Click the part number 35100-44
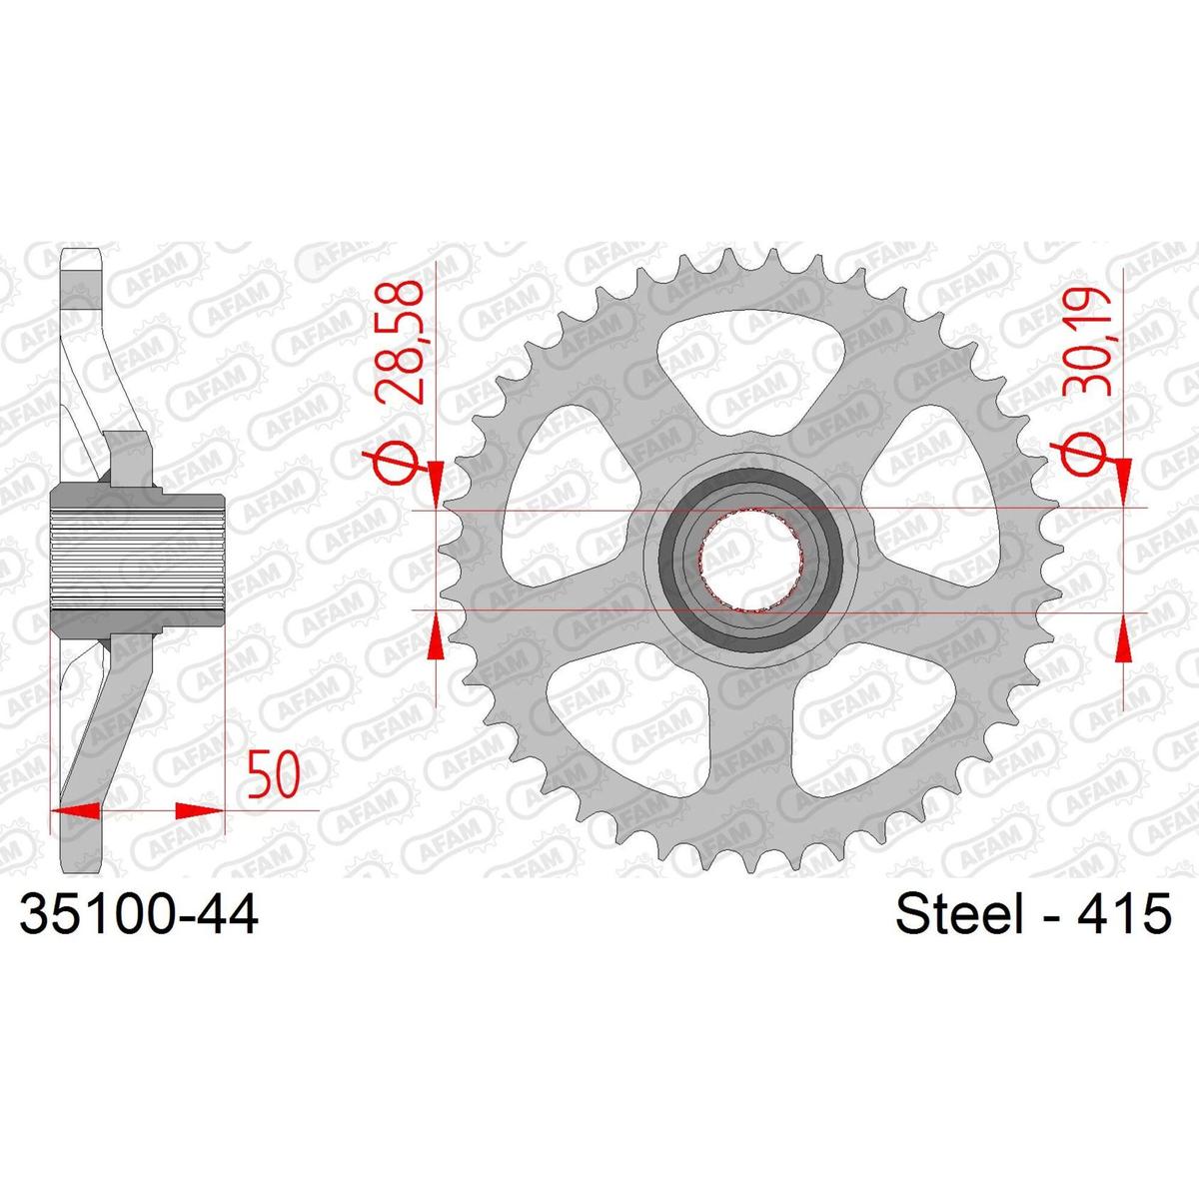(x=139, y=914)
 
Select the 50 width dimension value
(x=273, y=774)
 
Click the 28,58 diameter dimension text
(x=400, y=342)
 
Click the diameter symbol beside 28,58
(x=394, y=463)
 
